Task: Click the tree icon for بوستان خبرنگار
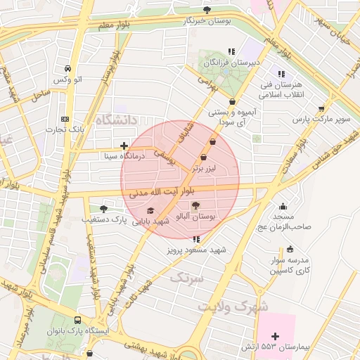[x=207, y=10]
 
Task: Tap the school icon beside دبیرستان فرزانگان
[x=231, y=51]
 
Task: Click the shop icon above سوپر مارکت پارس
[x=321, y=109]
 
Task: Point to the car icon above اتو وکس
[x=67, y=69]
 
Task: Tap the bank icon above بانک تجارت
[x=65, y=119]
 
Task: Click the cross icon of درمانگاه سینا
[x=124, y=146]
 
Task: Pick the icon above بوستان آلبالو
[x=195, y=205]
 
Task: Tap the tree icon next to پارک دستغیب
[x=104, y=209]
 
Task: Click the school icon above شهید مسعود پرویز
[x=195, y=239]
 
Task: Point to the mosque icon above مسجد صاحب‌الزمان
[x=283, y=207]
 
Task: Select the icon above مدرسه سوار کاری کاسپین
[x=290, y=249]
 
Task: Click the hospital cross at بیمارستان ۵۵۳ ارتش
[x=275, y=337]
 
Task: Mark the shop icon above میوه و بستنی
[x=233, y=101]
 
